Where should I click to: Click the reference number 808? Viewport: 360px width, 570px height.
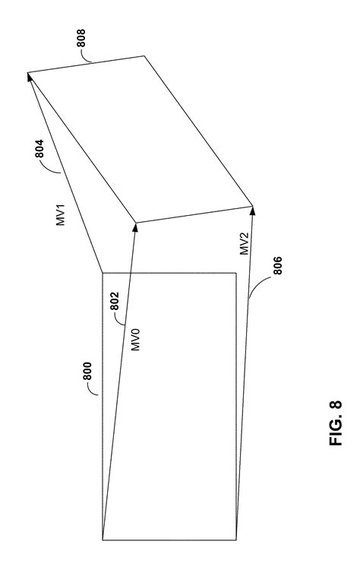(81, 38)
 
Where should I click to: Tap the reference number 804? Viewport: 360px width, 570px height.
(39, 149)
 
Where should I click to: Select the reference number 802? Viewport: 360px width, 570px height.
(115, 302)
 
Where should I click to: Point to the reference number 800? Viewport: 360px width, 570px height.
(87, 371)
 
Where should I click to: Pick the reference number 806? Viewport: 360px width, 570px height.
(277, 266)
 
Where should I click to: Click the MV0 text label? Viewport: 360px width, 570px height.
(135, 339)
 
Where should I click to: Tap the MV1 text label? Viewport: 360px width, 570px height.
(60, 215)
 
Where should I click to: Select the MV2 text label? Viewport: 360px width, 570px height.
(245, 244)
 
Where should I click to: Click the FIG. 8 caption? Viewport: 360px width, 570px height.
(336, 423)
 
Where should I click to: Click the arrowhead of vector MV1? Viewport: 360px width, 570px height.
(29, 77)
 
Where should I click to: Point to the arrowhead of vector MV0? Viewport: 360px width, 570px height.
(135, 226)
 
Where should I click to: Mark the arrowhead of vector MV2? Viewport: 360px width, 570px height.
(252, 210)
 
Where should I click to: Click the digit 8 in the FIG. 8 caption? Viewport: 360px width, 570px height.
(336, 405)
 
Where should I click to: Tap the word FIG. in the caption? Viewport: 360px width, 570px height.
(336, 432)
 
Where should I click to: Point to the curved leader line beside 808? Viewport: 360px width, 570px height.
(86, 56)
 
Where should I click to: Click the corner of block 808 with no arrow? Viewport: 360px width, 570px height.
(144, 56)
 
